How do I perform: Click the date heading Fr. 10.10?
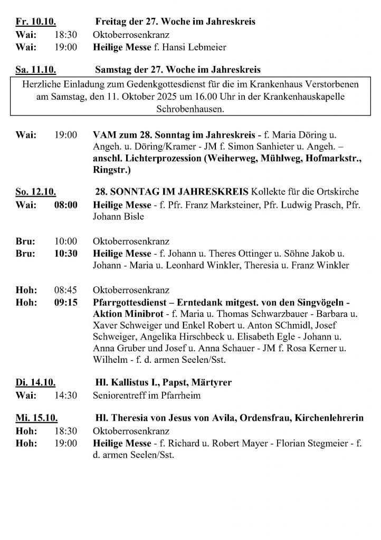coord(36,22)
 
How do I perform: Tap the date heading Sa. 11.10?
coord(36,70)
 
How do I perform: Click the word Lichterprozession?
coord(156,160)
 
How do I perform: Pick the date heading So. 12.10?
coord(36,192)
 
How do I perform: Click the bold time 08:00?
coord(66,205)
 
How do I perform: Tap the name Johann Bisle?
coord(119,216)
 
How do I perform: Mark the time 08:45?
coord(66,290)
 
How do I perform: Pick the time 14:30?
coord(66,394)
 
